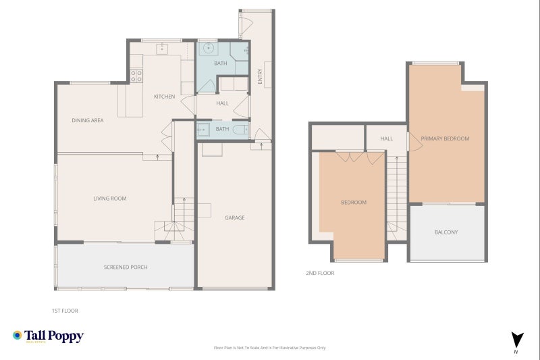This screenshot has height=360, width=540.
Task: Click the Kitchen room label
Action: [164, 97]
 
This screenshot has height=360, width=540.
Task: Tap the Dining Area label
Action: [88, 120]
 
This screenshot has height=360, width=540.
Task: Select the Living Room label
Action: [110, 199]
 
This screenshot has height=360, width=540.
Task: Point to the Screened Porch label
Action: [126, 267]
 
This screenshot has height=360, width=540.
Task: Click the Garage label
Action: [234, 217]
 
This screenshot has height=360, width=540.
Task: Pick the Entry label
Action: [260, 76]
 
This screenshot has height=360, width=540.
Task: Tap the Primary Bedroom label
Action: [445, 138]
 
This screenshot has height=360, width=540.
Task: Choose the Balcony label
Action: [446, 232]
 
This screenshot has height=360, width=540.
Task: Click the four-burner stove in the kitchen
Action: [136, 76]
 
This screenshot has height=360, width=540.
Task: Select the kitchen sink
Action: [162, 49]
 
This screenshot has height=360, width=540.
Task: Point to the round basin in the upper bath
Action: [209, 48]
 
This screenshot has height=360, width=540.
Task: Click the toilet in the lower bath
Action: [240, 130]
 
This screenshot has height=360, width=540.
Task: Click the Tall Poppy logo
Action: [48, 336]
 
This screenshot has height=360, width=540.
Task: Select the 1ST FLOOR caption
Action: [65, 311]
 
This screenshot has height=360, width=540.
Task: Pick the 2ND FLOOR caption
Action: [320, 273]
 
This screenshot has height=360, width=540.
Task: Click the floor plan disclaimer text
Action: [269, 348]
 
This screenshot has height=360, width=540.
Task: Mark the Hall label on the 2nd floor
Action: [386, 138]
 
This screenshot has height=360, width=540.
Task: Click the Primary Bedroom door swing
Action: [414, 142]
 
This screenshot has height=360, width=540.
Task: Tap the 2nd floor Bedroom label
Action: [354, 202]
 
